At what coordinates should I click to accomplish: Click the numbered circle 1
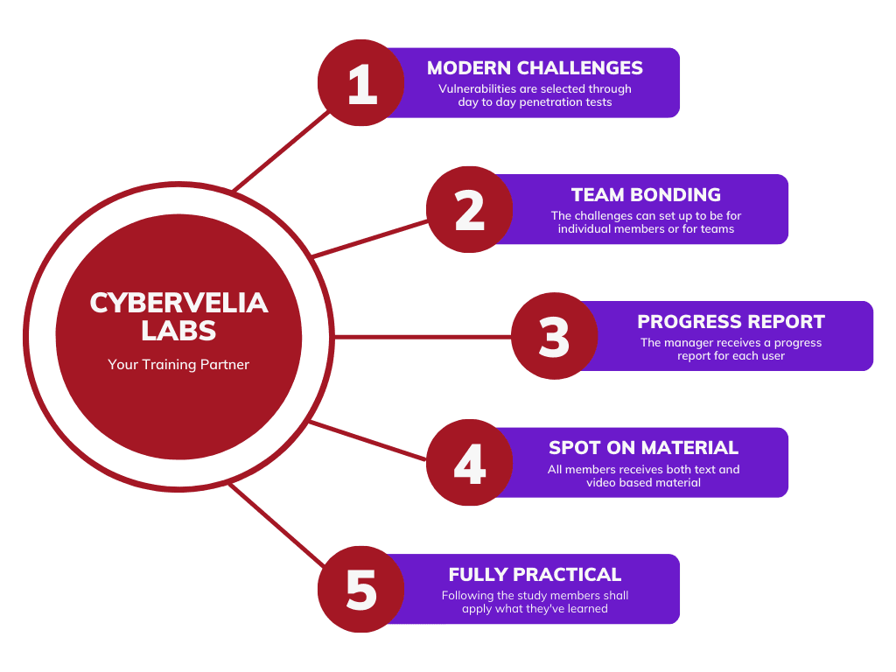[x=360, y=83]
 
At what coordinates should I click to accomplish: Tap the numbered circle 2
[x=470, y=210]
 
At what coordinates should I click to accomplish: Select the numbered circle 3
[x=554, y=336]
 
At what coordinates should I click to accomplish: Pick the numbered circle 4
[x=470, y=463]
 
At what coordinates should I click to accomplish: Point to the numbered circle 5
[x=360, y=589]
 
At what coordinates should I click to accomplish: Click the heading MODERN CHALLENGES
[x=535, y=68]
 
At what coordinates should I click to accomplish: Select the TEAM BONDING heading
[x=646, y=195]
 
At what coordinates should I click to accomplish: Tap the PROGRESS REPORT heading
[x=731, y=321]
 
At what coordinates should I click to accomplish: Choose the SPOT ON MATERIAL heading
[x=643, y=448]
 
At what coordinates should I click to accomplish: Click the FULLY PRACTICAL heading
[x=535, y=575]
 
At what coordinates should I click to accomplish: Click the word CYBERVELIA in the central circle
[x=178, y=303]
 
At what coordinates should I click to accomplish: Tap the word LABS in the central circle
[x=178, y=331]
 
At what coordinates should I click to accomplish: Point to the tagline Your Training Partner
[x=178, y=364]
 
